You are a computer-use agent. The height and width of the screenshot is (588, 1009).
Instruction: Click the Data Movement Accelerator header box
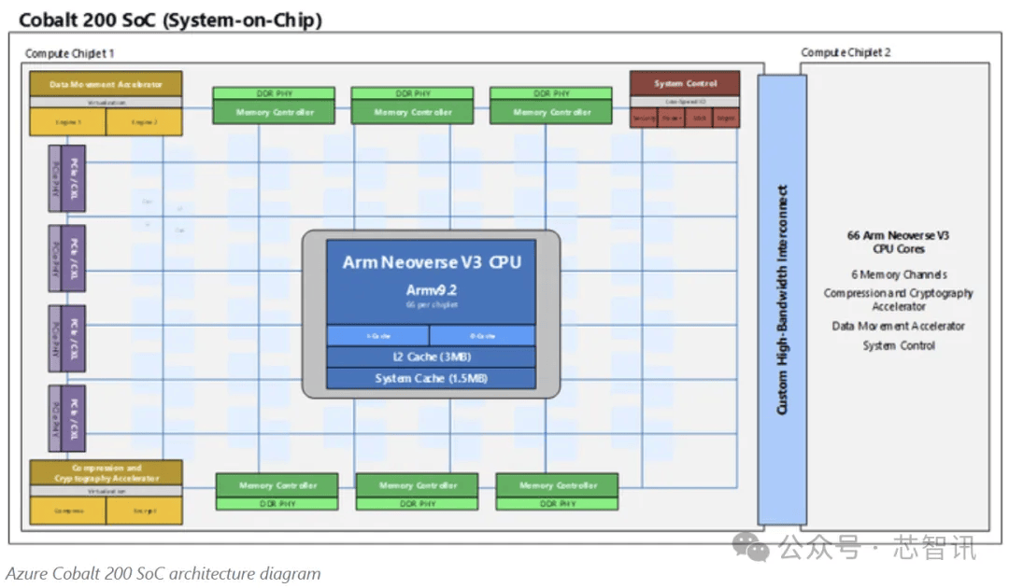pyautogui.click(x=105, y=83)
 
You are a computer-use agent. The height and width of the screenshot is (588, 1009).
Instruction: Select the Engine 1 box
pyautogui.click(x=67, y=122)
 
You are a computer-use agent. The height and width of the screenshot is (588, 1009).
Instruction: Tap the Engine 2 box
pyautogui.click(x=144, y=122)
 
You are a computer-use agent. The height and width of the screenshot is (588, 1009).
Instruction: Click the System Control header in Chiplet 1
pyautogui.click(x=685, y=83)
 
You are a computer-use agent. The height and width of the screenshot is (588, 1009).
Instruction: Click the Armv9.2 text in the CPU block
pyautogui.click(x=431, y=290)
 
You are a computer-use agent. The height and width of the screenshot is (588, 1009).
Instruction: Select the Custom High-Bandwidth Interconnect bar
pyautogui.click(x=782, y=300)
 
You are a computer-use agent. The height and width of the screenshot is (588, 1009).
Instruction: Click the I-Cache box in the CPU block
pyautogui.click(x=377, y=335)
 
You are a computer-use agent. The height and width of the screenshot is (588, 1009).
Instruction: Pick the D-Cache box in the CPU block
pyautogui.click(x=482, y=335)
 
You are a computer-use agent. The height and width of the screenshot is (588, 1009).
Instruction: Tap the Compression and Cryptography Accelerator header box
pyautogui.click(x=107, y=472)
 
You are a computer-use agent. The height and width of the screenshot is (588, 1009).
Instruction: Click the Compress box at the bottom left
pyautogui.click(x=67, y=511)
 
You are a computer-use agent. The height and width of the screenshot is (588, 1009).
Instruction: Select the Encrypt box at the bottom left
pyautogui.click(x=144, y=511)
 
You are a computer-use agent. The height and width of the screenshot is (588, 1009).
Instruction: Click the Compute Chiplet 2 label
pyautogui.click(x=846, y=52)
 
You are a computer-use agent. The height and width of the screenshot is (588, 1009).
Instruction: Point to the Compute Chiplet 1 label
pyautogui.click(x=69, y=53)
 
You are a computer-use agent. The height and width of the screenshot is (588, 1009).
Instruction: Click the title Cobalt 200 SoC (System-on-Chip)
pyautogui.click(x=170, y=20)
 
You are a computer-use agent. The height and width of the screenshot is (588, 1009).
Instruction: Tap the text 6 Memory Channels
pyautogui.click(x=898, y=274)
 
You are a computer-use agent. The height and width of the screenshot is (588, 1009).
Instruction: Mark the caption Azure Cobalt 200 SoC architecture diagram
pyautogui.click(x=163, y=574)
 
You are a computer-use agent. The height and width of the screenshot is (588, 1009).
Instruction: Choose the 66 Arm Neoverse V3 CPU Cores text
pyautogui.click(x=898, y=242)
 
